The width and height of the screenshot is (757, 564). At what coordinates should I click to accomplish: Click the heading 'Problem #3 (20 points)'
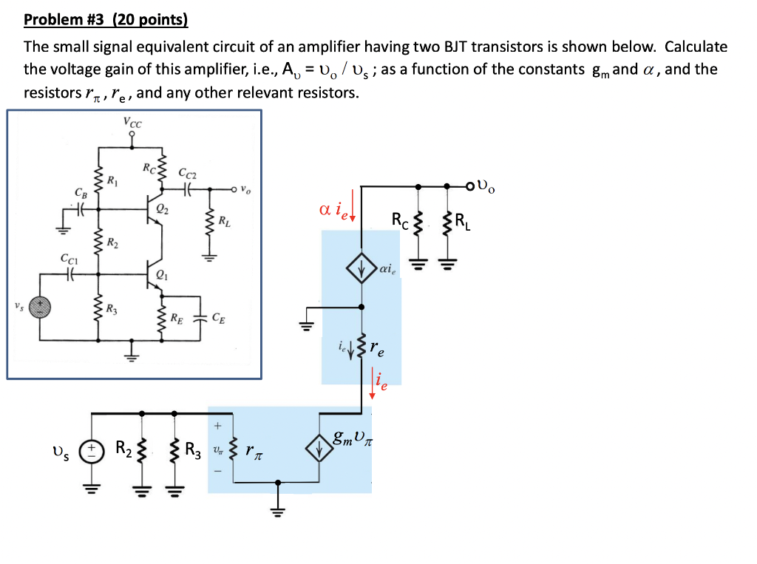(106, 20)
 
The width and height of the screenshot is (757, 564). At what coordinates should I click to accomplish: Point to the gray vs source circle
(41, 308)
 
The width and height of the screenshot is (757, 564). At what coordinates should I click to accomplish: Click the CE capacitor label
(218, 319)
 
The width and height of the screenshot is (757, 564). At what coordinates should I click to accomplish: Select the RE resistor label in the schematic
(177, 319)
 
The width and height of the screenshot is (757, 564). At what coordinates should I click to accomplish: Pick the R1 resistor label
(112, 180)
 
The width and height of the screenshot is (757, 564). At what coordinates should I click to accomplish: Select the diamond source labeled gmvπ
(319, 449)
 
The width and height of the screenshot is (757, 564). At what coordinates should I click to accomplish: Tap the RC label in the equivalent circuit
(398, 220)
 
